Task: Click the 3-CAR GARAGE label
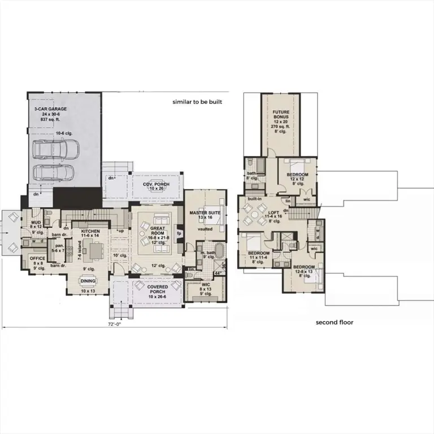coord(49,107)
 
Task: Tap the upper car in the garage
coord(55,149)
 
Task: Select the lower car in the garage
coord(49,172)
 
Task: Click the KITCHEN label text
coord(90,232)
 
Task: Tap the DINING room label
coord(87,280)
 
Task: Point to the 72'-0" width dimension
coord(115,324)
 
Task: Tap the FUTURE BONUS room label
coord(281,116)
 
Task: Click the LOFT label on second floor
coord(274,212)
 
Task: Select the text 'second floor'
coord(335,322)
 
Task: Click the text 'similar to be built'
coord(197,102)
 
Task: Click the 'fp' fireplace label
coord(179,233)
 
